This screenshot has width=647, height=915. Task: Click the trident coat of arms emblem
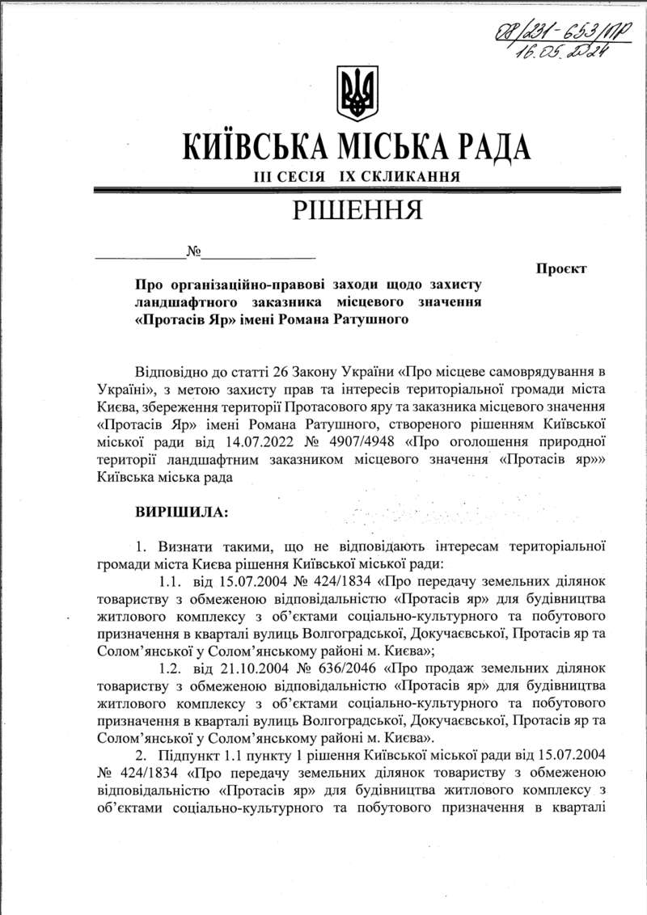357,94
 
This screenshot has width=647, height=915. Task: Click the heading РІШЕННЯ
357,211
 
